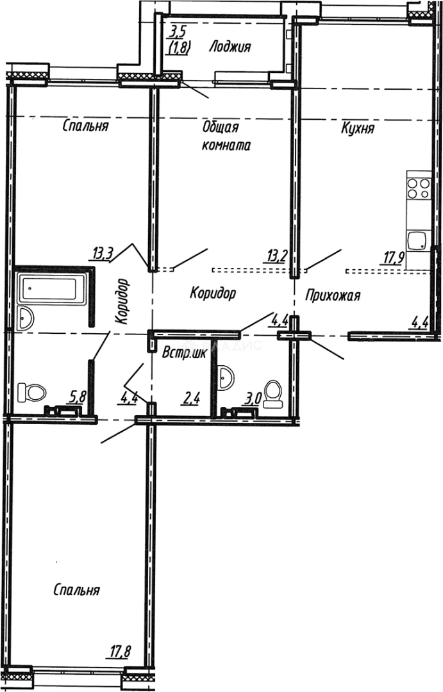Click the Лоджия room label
coord(230,46)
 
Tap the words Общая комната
coord(226,136)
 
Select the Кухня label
coord(358,129)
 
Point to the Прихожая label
coord(333,296)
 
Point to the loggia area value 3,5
coord(178,29)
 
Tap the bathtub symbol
coord(51,290)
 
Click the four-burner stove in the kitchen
coord(418,188)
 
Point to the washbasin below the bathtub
coord(28,318)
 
